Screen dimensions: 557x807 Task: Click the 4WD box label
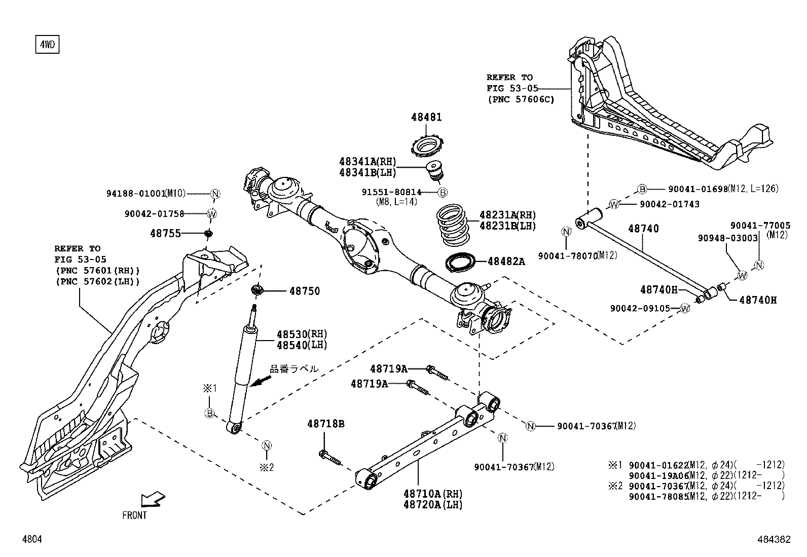click(47, 45)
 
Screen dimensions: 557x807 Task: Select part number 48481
click(426, 118)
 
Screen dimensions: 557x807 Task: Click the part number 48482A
click(506, 262)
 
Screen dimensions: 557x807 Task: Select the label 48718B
click(325, 424)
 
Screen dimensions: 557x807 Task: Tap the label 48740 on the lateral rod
click(643, 229)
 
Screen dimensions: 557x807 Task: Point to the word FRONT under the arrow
click(135, 515)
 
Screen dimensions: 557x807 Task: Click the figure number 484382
click(773, 540)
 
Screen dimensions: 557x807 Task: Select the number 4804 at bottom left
click(31, 539)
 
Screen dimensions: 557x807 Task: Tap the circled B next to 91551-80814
click(442, 193)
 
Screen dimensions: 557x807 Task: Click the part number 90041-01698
click(698, 189)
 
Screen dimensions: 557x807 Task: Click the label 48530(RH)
click(302, 335)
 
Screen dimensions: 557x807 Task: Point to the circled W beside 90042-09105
click(685, 308)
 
